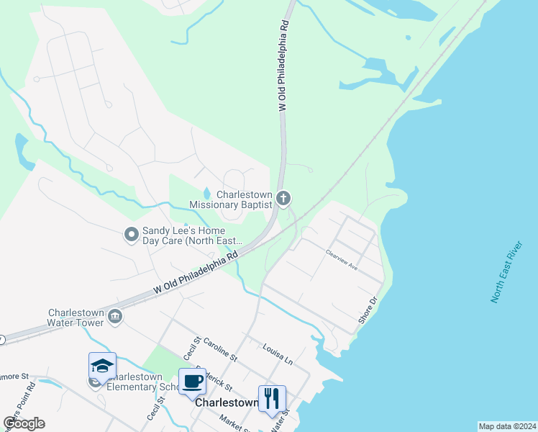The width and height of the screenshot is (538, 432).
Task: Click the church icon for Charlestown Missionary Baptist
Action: tap(283, 198)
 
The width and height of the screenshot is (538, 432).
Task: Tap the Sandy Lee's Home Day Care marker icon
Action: tap(131, 234)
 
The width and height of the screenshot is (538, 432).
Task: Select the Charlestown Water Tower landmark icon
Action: tap(114, 317)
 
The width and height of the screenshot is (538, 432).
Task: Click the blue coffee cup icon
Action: tap(192, 382)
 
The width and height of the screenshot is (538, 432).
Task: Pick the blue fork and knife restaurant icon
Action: tap(272, 397)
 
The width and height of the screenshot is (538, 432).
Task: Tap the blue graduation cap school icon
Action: tap(102, 365)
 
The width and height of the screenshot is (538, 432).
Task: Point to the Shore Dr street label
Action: tap(368, 310)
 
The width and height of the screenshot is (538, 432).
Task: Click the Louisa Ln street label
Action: tap(278, 353)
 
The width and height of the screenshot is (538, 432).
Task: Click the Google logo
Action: tap(24, 423)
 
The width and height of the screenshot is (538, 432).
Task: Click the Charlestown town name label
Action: tap(227, 403)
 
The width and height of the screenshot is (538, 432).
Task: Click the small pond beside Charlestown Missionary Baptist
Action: tap(207, 193)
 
